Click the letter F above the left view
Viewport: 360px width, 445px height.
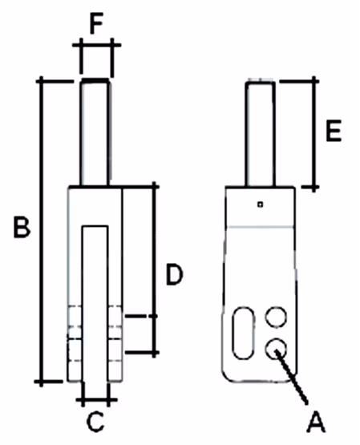96,23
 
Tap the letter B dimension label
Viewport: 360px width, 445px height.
22,227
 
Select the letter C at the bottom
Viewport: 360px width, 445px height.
95,422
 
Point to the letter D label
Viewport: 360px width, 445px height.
174,274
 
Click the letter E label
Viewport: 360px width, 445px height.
334,131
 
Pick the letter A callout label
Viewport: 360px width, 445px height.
316,423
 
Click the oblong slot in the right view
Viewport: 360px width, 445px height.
243,333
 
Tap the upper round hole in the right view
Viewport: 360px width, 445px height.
276,317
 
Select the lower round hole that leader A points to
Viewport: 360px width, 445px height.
276,349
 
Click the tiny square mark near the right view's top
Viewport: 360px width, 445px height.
260,204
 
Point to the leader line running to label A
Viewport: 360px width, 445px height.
291,377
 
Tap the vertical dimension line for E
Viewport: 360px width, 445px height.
313,134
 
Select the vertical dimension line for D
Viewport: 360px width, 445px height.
154,269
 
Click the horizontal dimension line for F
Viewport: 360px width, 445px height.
96,45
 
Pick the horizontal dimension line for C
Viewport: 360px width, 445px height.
96,400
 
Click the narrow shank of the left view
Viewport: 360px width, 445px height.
95,133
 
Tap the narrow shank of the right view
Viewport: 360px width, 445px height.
260,134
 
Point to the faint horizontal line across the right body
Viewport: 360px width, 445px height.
261,227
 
